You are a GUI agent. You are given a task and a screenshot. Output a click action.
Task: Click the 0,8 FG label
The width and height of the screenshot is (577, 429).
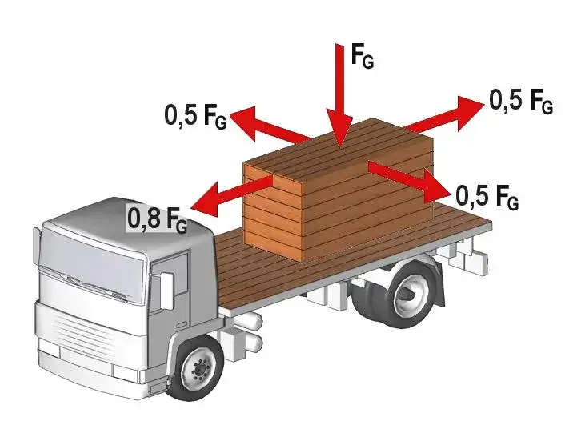point(157,219)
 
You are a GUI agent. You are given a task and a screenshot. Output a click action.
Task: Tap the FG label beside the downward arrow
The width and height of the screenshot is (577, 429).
point(363,56)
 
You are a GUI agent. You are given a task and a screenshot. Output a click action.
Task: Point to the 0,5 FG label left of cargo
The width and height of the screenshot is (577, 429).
point(195,116)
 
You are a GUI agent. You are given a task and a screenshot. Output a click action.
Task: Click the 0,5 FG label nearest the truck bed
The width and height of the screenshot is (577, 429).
point(487,196)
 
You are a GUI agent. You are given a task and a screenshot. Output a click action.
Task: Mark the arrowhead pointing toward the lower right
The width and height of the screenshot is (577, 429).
point(437,187)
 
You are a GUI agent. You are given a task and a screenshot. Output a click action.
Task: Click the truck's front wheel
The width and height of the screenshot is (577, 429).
point(198,368)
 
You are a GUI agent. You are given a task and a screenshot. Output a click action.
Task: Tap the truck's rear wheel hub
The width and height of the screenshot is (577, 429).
point(410,293)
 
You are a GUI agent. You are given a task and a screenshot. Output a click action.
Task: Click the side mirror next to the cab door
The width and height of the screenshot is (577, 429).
point(166,291)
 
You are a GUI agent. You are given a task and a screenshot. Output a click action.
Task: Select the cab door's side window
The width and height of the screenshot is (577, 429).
point(170,274)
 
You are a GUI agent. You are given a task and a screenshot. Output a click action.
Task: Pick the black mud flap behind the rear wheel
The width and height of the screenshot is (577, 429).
point(439,284)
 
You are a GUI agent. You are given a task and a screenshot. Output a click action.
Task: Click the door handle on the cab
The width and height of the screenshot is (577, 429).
point(181,325)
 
